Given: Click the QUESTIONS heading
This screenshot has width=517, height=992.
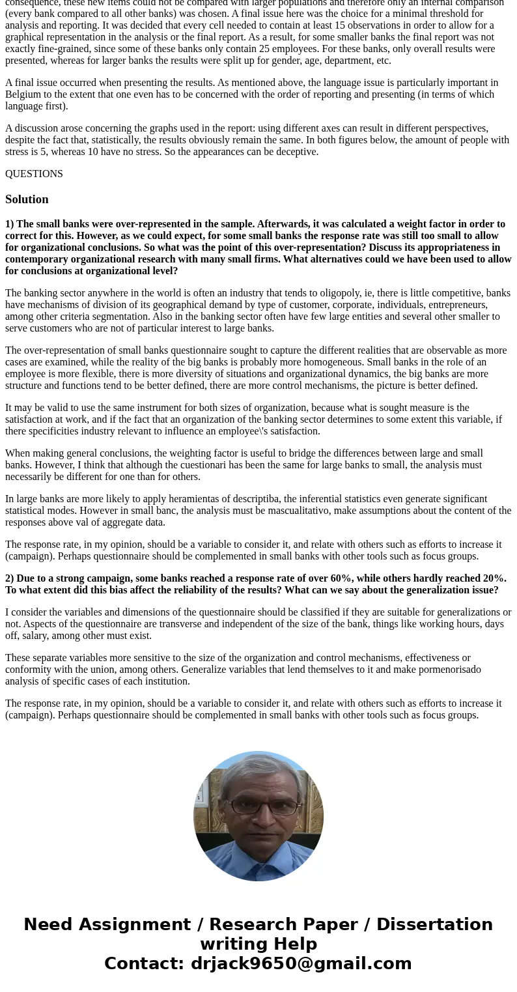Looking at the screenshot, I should pos(34,174).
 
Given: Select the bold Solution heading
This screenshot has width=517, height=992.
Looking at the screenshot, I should pos(27,199).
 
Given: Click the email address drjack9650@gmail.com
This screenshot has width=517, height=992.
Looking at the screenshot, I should pos(301,963).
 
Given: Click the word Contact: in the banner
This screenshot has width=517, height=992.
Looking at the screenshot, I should pos(145,963).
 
